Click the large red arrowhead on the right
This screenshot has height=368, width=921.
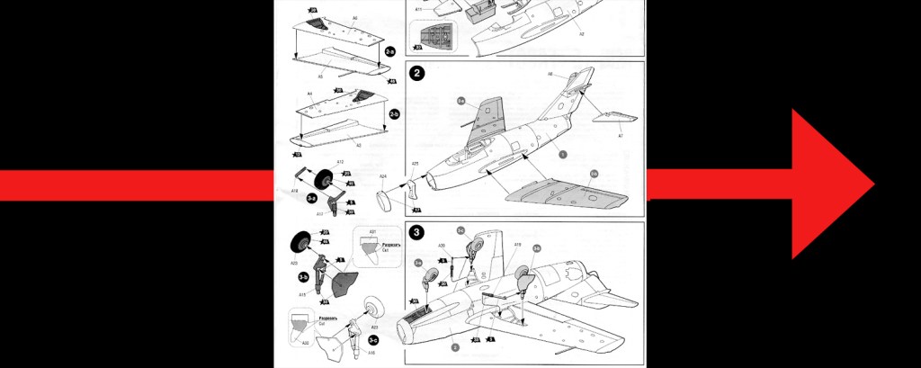[832, 184]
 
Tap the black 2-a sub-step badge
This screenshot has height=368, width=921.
[389, 53]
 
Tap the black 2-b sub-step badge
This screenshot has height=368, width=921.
[393, 115]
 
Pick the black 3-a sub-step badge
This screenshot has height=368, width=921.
[311, 197]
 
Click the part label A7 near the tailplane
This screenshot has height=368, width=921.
[620, 135]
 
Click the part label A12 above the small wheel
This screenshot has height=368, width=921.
[339, 162]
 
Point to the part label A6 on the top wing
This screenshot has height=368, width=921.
[329, 18]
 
